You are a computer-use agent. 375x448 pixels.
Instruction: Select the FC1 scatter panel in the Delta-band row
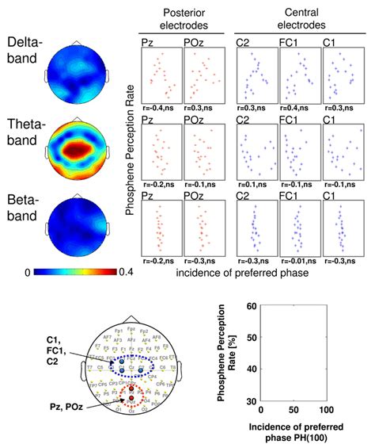(294, 78)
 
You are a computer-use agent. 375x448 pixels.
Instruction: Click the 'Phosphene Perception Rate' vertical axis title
(131, 147)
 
